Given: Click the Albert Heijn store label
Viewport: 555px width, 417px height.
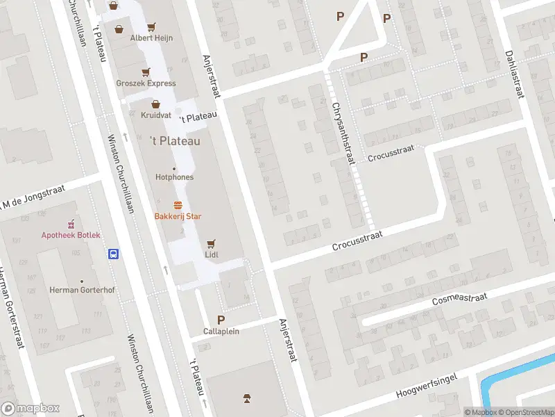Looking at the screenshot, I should [151, 38].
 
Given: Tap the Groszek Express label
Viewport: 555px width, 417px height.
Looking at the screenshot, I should [146, 83].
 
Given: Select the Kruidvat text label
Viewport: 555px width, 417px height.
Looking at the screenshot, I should [156, 115].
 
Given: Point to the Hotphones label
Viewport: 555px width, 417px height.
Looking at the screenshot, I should [174, 177].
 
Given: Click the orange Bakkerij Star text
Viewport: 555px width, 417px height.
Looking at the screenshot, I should [178, 216].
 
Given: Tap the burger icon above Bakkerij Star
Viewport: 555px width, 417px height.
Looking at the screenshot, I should [178, 205].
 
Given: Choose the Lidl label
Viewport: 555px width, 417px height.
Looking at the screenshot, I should [212, 255].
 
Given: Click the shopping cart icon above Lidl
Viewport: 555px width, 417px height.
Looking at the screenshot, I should [212, 244].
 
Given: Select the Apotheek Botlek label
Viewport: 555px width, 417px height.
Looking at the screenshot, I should [70, 235].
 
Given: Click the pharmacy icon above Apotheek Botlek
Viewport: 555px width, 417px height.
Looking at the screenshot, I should [70, 224].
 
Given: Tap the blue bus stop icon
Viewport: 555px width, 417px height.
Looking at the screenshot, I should [112, 254].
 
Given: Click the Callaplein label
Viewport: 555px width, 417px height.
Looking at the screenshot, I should [221, 331].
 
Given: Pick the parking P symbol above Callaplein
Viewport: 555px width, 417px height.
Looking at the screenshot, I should [221, 320].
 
